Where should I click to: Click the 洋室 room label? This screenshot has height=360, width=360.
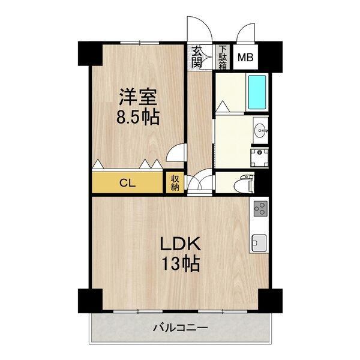click(x=137, y=96)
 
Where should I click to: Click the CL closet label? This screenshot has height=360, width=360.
click(x=127, y=182)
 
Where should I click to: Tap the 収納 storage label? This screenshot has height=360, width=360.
click(x=175, y=182)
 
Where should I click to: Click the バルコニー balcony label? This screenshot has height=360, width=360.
click(x=180, y=328)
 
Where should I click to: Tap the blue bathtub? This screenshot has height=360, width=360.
click(x=258, y=92)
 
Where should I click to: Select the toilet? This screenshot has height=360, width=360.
click(x=247, y=182)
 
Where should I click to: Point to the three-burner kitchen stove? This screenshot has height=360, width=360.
click(x=260, y=209)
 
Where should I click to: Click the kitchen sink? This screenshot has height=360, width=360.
click(x=259, y=242)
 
